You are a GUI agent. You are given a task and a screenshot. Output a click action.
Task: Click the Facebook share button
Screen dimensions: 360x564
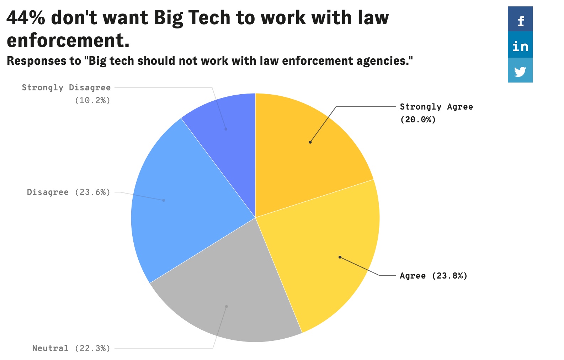[520, 19]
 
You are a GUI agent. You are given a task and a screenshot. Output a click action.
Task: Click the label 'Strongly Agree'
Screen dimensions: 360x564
[436, 107]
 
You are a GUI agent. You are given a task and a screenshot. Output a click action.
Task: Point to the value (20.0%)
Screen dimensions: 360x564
[418, 120]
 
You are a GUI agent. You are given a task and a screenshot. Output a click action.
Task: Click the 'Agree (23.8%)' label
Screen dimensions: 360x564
[433, 276]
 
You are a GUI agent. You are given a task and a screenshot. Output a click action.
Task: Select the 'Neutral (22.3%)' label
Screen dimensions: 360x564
[71, 348]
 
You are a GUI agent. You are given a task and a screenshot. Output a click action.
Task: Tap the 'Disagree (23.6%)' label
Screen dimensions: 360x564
[69, 192]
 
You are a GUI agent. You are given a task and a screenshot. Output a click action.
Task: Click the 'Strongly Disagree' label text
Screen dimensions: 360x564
[66, 88]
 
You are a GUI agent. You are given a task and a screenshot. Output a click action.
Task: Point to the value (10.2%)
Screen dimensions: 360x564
[92, 100]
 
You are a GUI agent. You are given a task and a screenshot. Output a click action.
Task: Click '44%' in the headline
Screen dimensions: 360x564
[26, 18]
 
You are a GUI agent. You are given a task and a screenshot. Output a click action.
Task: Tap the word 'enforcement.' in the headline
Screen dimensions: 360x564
[68, 40]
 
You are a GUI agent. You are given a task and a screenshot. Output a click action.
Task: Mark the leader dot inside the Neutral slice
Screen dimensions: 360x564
[227, 306]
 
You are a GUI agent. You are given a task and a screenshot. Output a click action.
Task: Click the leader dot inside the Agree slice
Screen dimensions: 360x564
[340, 257]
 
